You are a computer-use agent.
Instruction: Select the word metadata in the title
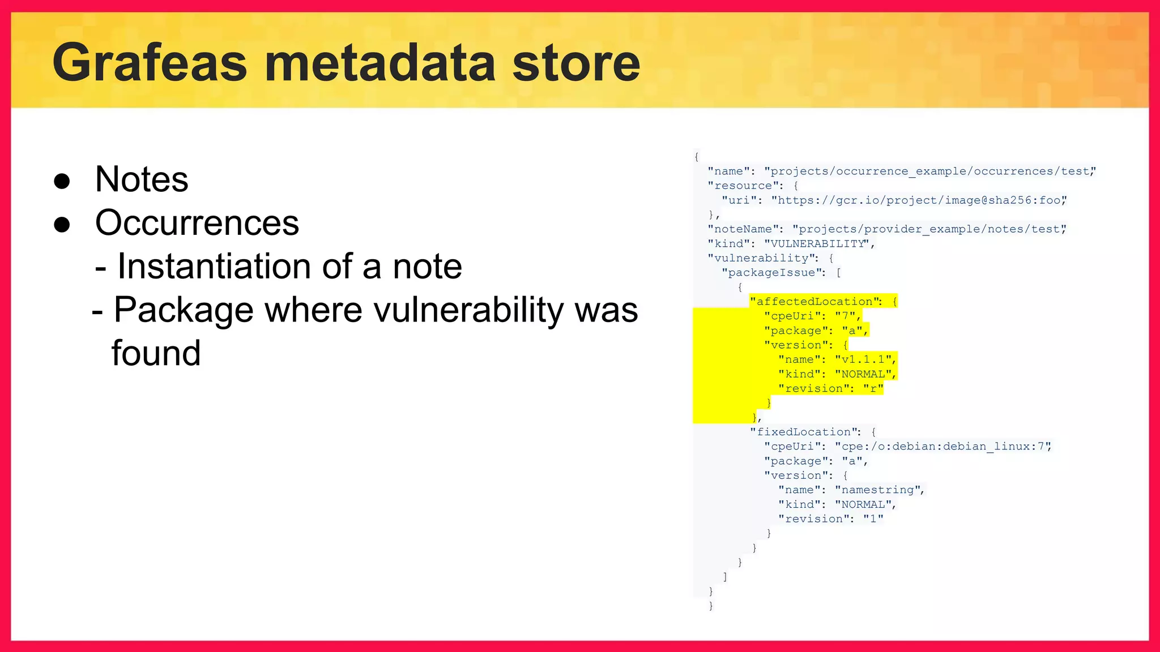[x=380, y=63]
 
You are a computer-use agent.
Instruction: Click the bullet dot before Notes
[x=62, y=181]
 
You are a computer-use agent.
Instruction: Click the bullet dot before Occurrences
[x=62, y=225]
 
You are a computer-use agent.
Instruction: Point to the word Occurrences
[x=197, y=223]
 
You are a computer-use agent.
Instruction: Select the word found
[x=156, y=354]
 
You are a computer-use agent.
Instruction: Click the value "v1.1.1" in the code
[x=863, y=359]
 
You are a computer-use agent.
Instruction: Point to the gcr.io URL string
[x=918, y=200]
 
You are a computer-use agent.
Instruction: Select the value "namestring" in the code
[x=877, y=490]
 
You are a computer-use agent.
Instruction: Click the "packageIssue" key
[x=771, y=273]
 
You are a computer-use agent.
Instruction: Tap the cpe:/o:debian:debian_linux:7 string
[x=942, y=447]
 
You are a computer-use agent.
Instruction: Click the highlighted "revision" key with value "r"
[x=813, y=389]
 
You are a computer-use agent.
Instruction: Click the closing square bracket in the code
[x=725, y=577]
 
